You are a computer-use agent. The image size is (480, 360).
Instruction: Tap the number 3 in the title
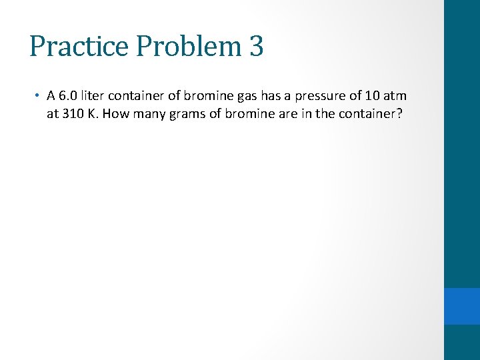[256, 47]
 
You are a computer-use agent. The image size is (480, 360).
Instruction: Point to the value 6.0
[67, 96]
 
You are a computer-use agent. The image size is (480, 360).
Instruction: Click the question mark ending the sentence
[399, 113]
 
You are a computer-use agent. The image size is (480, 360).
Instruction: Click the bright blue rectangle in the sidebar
[462, 306]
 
